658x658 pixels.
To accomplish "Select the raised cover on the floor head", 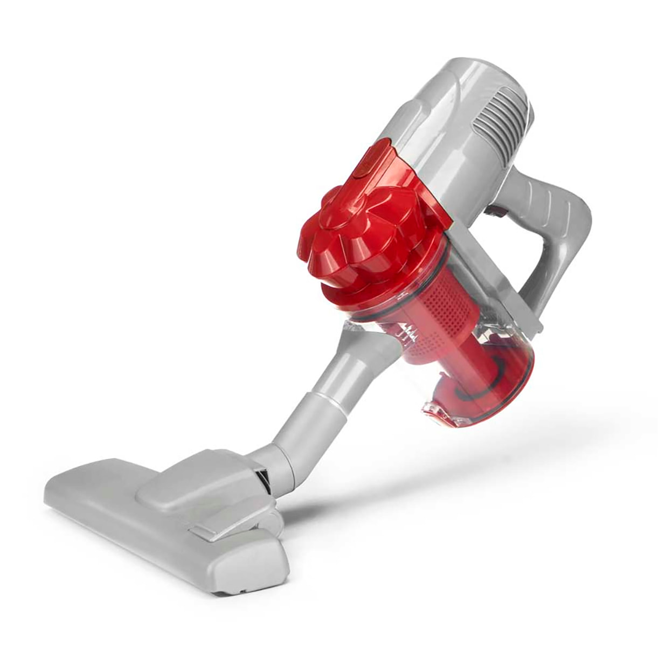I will click(x=199, y=474).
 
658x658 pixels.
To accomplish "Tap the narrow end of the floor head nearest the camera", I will click(x=248, y=571).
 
